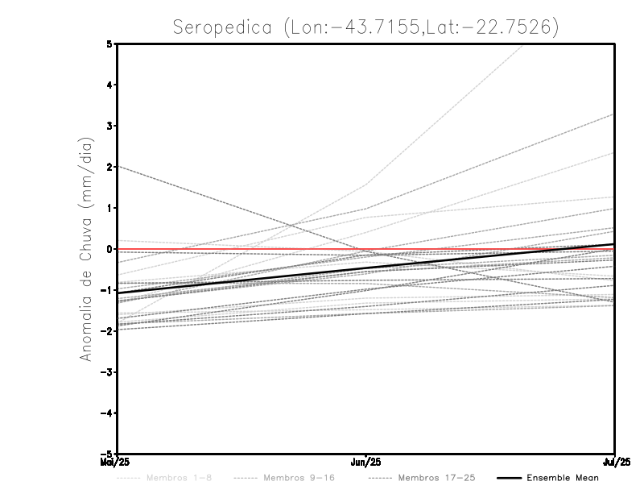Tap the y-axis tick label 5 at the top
(109, 44)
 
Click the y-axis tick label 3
(109, 126)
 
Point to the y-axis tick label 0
(109, 249)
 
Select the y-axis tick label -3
(107, 372)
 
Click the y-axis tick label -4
(107, 413)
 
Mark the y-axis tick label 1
(109, 208)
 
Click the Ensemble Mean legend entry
(562, 478)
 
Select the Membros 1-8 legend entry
(179, 478)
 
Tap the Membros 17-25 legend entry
(436, 478)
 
